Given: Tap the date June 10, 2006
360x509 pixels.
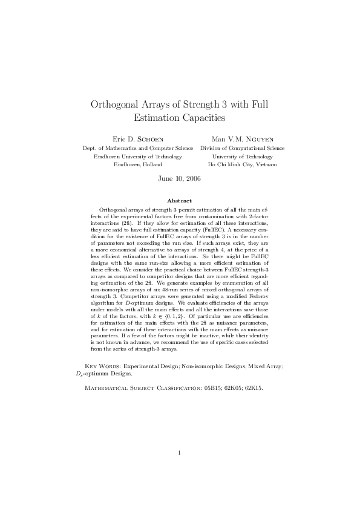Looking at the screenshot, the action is (x=180, y=179).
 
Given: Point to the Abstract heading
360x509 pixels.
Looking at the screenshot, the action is (x=180, y=201).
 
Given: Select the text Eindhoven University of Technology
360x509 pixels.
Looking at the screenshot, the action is (x=138, y=156).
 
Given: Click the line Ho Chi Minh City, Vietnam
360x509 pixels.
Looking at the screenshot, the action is (x=242, y=164).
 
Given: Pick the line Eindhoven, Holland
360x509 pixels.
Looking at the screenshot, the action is (x=138, y=164).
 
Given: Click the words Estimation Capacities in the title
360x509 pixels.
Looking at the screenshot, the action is (x=180, y=117).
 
